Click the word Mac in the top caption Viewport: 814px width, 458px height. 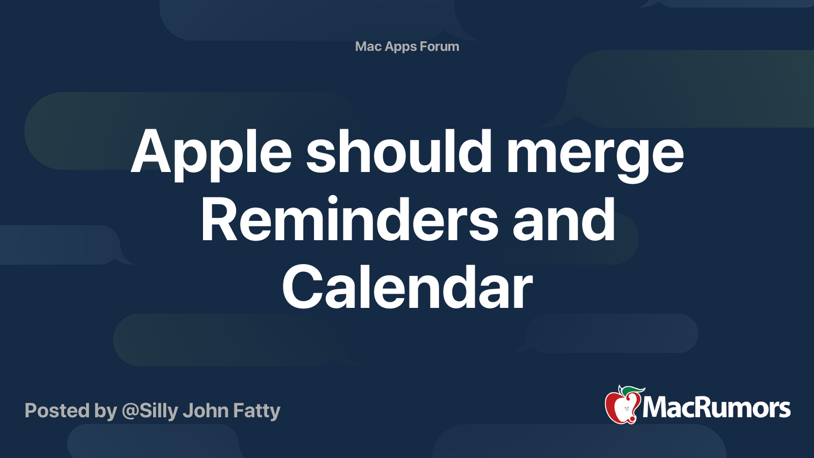tap(368, 46)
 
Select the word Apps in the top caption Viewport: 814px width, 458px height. tap(401, 46)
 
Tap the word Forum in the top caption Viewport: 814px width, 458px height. tap(440, 46)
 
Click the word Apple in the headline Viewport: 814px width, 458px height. tap(211, 153)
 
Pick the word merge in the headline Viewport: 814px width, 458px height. tap(595, 153)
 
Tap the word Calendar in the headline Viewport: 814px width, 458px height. tap(407, 288)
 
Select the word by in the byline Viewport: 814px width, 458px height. tap(105, 411)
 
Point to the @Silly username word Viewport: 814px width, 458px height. tap(150, 411)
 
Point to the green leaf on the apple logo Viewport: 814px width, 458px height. tap(633, 391)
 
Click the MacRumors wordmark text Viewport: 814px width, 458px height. tap(716, 408)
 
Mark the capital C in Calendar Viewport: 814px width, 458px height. tap(304, 288)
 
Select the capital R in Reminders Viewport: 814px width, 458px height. tap(219, 220)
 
